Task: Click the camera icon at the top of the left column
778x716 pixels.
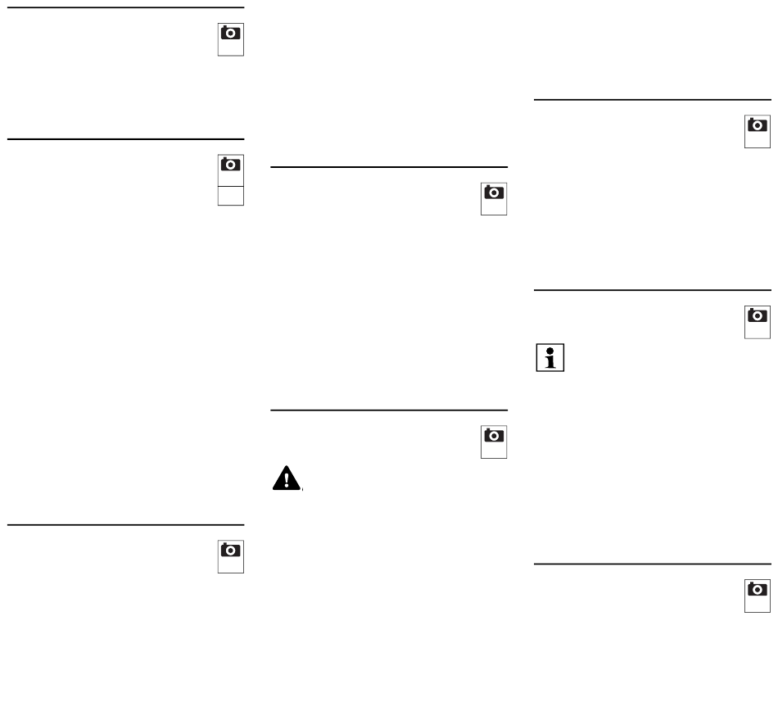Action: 231,34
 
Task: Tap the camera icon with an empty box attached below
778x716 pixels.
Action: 231,165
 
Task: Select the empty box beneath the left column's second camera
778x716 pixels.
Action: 231,193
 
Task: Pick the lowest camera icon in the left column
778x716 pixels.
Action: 231,550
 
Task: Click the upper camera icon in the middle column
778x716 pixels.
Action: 494,193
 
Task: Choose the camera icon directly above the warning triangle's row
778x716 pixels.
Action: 494,436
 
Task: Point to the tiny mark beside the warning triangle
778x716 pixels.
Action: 303,491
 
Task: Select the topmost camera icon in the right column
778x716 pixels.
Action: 758,125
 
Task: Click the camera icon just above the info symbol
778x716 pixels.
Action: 758,315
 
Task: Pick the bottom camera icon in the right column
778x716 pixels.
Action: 758,589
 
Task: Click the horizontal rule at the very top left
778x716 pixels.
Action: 126,8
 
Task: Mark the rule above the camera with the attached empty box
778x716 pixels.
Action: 126,139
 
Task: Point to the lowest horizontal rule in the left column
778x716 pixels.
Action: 126,524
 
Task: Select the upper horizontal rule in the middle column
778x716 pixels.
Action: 389,167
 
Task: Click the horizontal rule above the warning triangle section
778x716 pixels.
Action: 389,410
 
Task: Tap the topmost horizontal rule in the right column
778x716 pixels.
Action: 653,100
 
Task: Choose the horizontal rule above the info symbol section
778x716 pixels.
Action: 653,289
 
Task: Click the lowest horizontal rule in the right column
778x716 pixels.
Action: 653,564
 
